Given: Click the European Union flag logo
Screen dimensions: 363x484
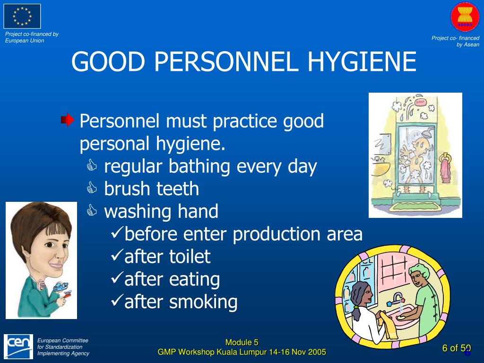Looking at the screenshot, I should coord(22,16).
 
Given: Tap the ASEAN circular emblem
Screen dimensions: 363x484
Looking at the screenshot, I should coord(465,17).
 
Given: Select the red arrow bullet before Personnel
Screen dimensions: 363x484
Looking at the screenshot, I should coord(68,121).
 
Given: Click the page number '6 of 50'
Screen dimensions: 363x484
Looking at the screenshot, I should coord(457,348).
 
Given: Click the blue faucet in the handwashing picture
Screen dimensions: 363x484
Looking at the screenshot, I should coord(396,298).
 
